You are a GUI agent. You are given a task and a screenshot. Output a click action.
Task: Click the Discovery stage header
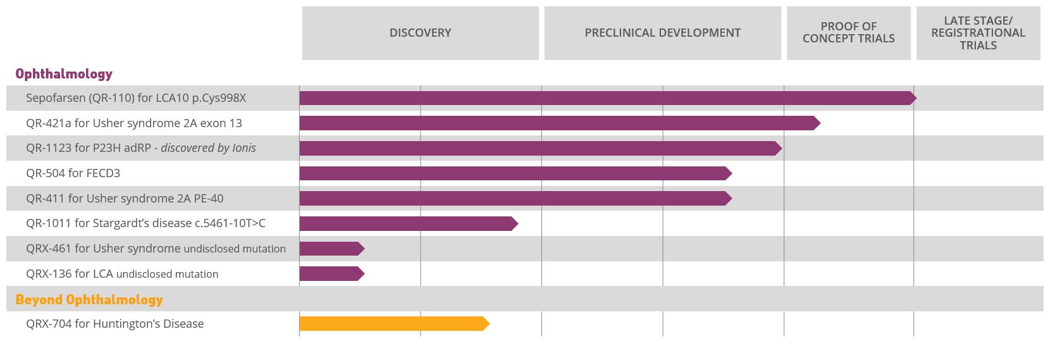point(420,33)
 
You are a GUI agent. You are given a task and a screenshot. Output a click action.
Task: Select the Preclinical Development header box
point(662,33)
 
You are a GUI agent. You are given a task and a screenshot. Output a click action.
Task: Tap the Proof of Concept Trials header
point(848,33)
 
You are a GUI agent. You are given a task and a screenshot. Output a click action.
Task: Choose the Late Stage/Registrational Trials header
point(978,33)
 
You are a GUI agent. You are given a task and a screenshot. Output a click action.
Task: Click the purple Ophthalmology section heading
point(64,74)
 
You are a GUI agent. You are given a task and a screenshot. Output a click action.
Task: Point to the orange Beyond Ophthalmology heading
point(89,299)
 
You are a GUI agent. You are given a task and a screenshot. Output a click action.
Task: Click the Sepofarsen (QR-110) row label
point(136,98)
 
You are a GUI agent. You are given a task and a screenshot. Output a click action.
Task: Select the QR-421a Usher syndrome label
point(134,123)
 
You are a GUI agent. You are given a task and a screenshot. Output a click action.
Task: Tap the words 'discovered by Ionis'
point(209,148)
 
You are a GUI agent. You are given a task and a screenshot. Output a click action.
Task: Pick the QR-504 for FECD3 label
point(73,173)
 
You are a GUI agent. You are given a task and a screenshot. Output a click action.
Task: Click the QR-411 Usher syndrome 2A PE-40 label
point(125,199)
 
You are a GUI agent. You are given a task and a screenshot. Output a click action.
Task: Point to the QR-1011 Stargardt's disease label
point(145,223)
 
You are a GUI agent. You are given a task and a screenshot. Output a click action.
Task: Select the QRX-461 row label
point(156,249)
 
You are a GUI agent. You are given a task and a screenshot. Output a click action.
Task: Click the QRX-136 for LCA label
point(122,274)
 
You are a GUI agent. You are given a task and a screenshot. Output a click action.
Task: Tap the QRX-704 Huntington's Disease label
point(115,324)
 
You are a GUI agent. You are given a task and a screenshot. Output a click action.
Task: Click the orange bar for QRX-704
point(392,324)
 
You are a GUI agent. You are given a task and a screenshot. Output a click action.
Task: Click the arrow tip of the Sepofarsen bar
point(913,98)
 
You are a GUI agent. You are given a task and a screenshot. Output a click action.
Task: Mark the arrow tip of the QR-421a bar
point(817,123)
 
